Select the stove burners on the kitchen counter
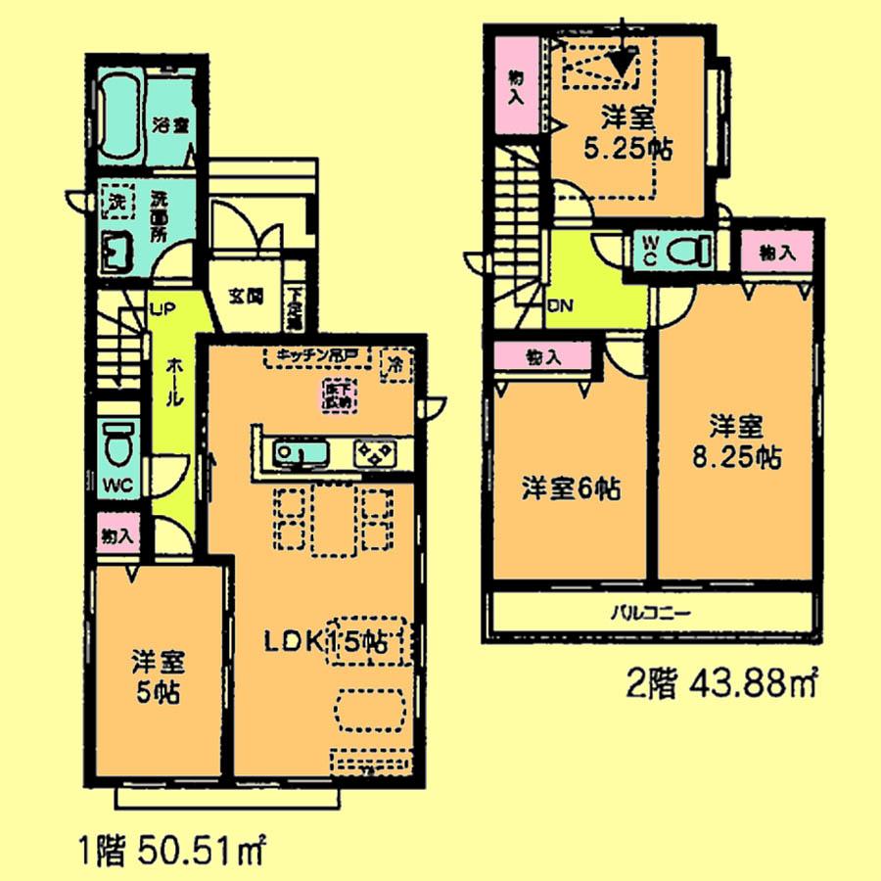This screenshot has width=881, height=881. pyautogui.click(x=375, y=452)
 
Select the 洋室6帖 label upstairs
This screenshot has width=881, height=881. pyautogui.click(x=570, y=488)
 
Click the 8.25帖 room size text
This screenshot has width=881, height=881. pyautogui.click(x=736, y=456)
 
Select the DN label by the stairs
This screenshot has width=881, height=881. pyautogui.click(x=560, y=304)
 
